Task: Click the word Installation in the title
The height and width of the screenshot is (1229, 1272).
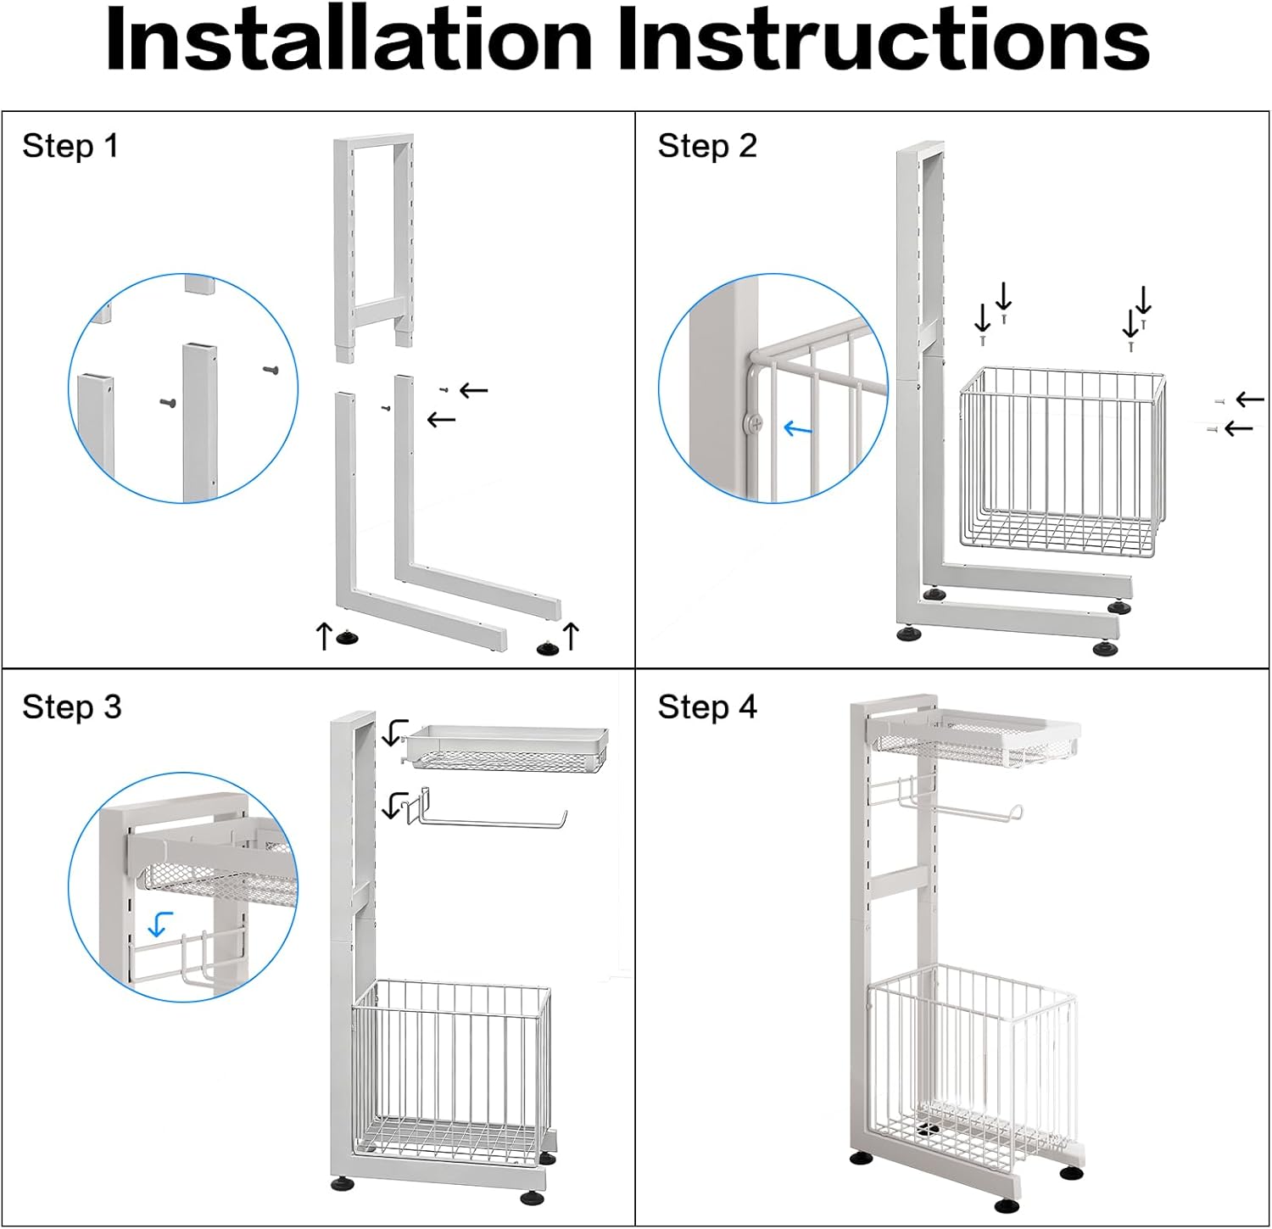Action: [x=348, y=41]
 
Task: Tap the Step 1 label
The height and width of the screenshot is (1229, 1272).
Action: [x=70, y=146]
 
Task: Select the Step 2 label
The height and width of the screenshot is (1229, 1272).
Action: [x=706, y=146]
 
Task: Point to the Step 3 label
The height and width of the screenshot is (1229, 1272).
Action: [x=71, y=707]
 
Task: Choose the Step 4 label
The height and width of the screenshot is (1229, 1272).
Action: [x=706, y=707]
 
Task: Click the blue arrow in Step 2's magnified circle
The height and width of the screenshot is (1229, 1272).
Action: [x=797, y=429]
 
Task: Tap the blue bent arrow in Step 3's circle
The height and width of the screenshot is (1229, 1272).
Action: [x=160, y=923]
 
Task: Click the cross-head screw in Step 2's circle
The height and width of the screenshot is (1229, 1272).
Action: [x=753, y=422]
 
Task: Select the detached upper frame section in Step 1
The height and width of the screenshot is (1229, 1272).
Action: [x=374, y=246]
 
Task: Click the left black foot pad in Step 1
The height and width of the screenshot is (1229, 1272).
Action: [x=346, y=637]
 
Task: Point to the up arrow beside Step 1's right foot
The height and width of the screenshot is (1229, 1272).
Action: [x=572, y=635]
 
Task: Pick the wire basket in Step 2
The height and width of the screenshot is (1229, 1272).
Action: [x=1060, y=462]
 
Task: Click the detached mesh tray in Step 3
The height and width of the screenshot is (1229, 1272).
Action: [x=507, y=746]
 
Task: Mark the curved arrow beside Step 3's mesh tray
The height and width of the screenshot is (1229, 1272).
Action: [x=394, y=732]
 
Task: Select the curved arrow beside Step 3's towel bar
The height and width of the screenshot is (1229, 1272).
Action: [x=394, y=804]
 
